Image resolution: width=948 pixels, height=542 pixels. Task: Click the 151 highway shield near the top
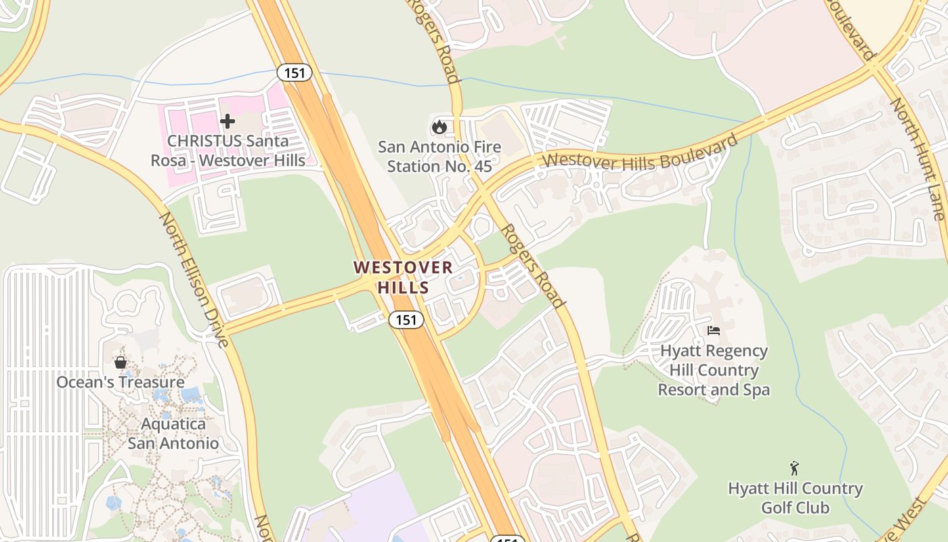[295, 72]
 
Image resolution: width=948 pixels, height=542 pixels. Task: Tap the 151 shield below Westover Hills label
[406, 320]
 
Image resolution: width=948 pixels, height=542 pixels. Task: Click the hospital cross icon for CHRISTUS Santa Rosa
[228, 121]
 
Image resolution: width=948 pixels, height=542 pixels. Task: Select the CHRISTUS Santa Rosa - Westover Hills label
[228, 150]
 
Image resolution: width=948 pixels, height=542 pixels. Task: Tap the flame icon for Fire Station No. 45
[439, 127]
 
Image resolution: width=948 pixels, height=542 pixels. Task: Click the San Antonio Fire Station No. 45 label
[439, 157]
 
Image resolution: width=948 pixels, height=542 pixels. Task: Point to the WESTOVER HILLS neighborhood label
[403, 277]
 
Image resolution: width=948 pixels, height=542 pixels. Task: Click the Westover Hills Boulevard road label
[639, 154]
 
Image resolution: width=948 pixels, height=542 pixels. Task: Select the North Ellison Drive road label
[196, 280]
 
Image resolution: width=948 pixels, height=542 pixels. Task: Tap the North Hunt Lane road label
[918, 159]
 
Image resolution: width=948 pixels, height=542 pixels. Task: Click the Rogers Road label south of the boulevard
[534, 266]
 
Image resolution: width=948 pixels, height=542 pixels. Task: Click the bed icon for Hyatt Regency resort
[714, 331]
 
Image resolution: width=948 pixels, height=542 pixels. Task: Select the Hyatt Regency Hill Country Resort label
[714, 370]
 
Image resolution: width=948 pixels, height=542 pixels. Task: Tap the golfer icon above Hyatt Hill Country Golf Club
[794, 468]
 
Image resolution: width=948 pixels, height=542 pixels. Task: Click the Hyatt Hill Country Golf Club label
[795, 498]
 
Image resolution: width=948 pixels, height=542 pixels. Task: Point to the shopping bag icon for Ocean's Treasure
[121, 362]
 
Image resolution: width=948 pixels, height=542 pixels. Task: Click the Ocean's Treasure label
[121, 382]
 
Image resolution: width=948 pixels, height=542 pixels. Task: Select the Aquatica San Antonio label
[173, 434]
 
